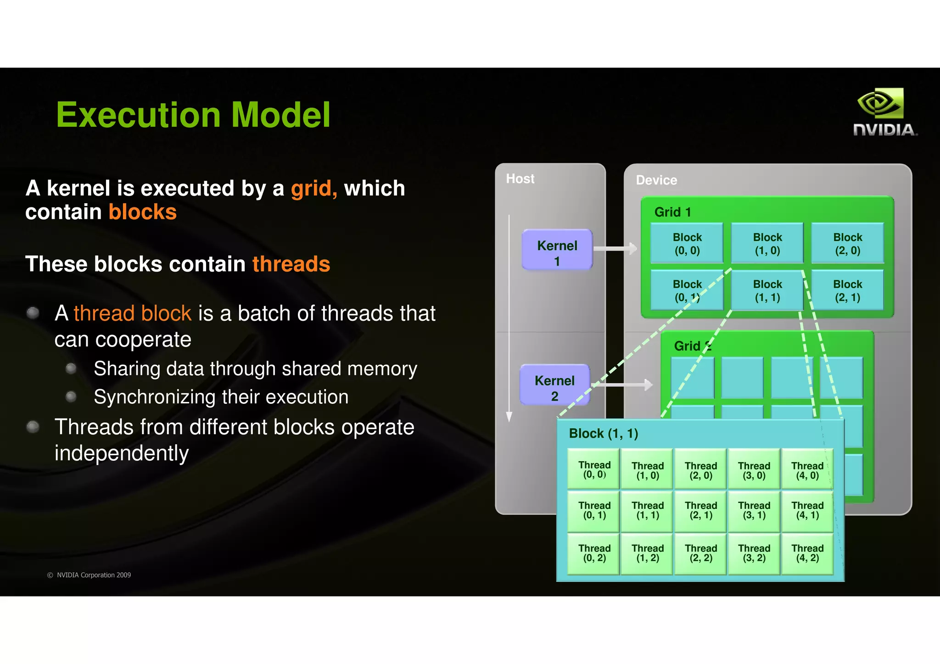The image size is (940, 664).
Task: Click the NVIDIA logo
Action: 884,112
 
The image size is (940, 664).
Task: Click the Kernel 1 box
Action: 557,250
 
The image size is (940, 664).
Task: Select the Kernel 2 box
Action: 554,385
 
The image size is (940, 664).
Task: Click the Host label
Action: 520,179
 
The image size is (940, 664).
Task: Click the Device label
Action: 656,180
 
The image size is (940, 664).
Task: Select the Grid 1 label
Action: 672,212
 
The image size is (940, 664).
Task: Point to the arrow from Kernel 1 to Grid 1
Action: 615,249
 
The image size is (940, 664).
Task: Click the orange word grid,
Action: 314,189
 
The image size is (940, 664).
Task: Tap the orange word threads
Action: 291,264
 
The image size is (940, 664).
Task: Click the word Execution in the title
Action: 140,115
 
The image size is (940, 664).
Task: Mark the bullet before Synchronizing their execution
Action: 71,396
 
